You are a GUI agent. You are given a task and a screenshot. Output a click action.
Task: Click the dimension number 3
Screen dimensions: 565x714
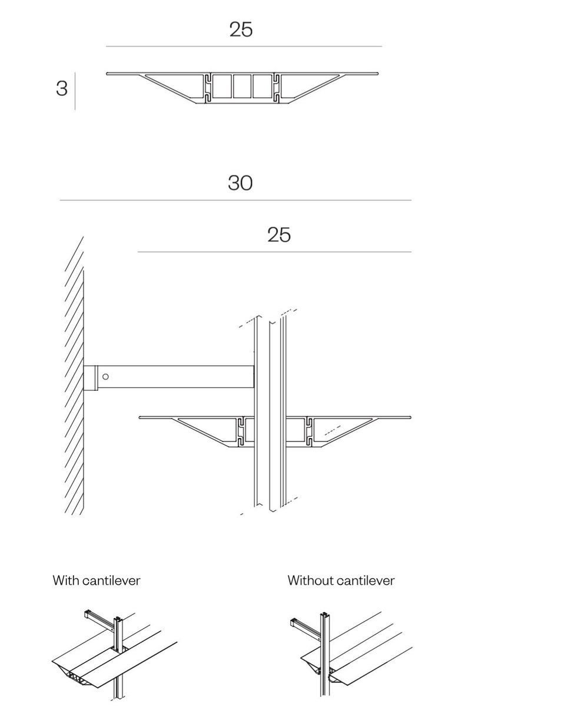62,88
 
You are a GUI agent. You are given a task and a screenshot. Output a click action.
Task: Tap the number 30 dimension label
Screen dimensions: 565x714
240,183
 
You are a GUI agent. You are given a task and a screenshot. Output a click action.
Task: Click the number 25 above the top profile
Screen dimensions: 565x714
241,29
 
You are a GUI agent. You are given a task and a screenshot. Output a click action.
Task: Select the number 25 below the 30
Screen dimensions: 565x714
279,235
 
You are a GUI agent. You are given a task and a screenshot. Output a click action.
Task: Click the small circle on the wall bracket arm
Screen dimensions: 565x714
105,377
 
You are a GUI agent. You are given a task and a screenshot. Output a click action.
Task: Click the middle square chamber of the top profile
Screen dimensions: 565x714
242,87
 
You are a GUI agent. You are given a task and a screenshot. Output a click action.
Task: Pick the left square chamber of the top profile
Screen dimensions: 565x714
222,87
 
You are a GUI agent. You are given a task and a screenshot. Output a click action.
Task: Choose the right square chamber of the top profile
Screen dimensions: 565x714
262,87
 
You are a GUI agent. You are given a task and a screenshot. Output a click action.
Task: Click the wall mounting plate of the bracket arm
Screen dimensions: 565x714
89,378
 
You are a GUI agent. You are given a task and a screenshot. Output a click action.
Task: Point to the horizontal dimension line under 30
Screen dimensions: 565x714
235,200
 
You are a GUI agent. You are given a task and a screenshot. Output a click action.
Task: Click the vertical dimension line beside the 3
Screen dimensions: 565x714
75,91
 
